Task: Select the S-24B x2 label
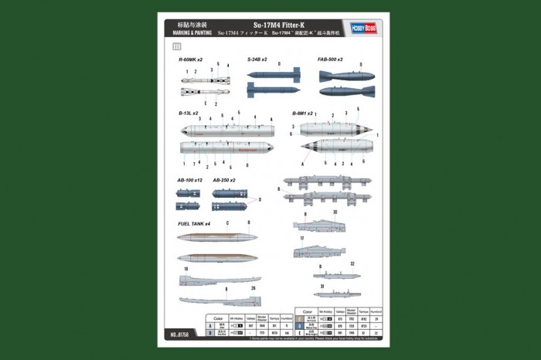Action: point(257,59)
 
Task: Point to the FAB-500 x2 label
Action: point(330,59)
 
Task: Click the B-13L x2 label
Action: point(189,113)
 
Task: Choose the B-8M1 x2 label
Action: point(303,113)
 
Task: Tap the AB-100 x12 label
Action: point(189,180)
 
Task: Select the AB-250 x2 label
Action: point(224,180)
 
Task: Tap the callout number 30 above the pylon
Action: point(335,212)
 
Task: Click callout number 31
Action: point(321,285)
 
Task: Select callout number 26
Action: point(253,289)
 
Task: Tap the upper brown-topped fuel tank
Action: point(216,237)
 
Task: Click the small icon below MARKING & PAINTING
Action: point(177,46)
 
